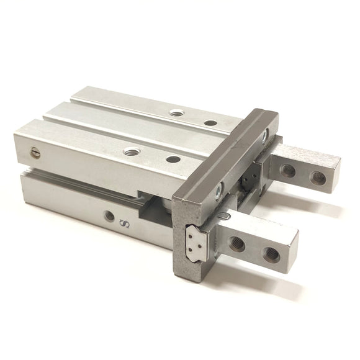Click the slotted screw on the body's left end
coord(34,150)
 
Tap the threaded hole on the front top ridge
coord(131,151)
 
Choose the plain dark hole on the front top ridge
coord(173,160)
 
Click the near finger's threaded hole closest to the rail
coord(236,243)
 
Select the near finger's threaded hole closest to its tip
coord(271,253)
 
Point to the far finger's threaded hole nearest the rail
coord(287,168)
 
